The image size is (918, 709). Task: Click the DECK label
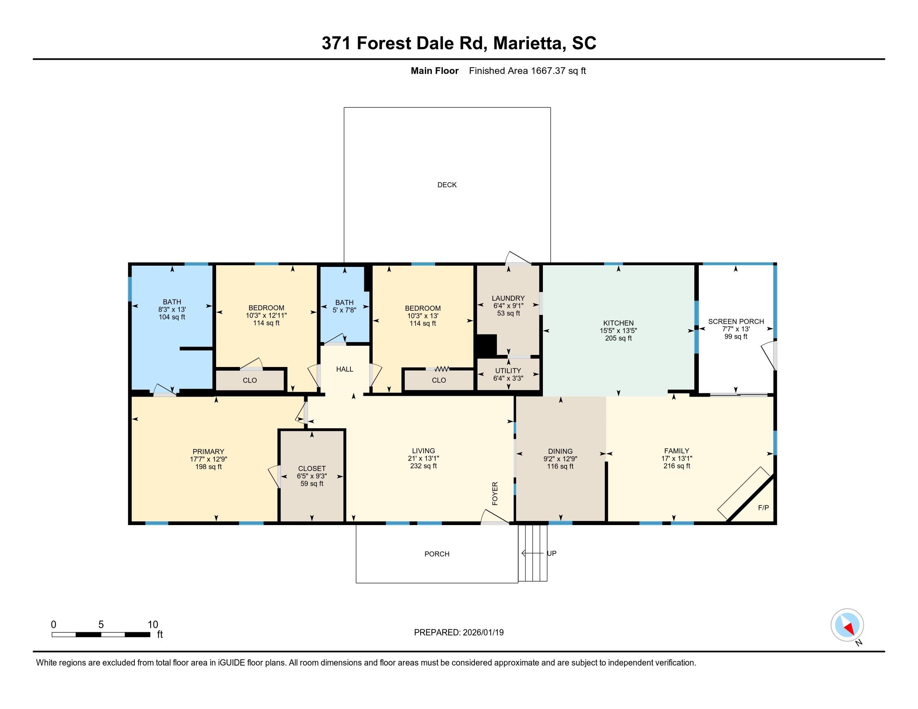pos(447,185)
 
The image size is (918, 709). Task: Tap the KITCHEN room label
pos(618,323)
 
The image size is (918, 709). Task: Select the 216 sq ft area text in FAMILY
pos(677,466)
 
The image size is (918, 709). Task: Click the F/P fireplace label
pos(763,508)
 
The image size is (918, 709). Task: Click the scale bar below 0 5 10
pos(101,635)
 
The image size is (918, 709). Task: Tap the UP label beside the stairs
pos(552,553)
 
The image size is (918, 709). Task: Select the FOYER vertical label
pos(495,493)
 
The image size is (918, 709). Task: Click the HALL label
pos(345,369)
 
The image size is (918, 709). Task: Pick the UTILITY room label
pos(508,370)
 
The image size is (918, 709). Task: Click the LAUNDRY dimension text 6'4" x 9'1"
pos(508,306)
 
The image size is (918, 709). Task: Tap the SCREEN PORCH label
pos(736,321)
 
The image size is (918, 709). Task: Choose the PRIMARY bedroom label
pos(208,452)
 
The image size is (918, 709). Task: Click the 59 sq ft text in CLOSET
pos(312,484)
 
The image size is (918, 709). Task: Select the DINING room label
pos(560,452)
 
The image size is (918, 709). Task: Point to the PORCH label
pos(437,554)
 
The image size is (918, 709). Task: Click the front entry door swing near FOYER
pos(494,518)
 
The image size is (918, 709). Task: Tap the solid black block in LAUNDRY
pos(485,346)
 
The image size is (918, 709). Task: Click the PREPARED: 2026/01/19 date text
pos(459,633)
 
